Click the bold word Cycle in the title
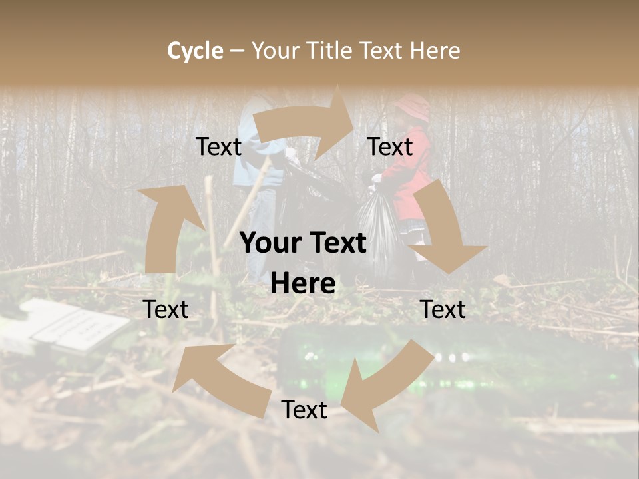[x=195, y=51]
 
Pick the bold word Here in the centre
[x=303, y=284]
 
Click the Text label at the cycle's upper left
[x=218, y=147]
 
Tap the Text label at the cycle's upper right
[x=390, y=147]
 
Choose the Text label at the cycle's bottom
[x=304, y=410]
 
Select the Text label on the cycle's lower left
[x=166, y=309]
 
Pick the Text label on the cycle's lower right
[x=443, y=309]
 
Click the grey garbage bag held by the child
[x=377, y=226]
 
